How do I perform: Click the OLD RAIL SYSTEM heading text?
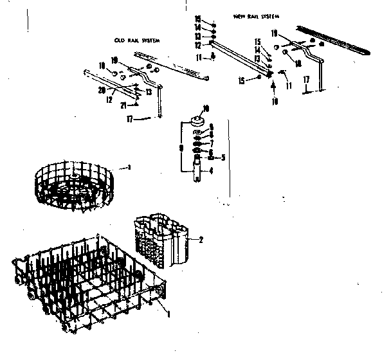(136, 40)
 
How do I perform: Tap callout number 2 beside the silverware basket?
(201, 240)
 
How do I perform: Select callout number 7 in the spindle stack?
(210, 143)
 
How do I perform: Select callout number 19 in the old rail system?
(114, 60)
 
